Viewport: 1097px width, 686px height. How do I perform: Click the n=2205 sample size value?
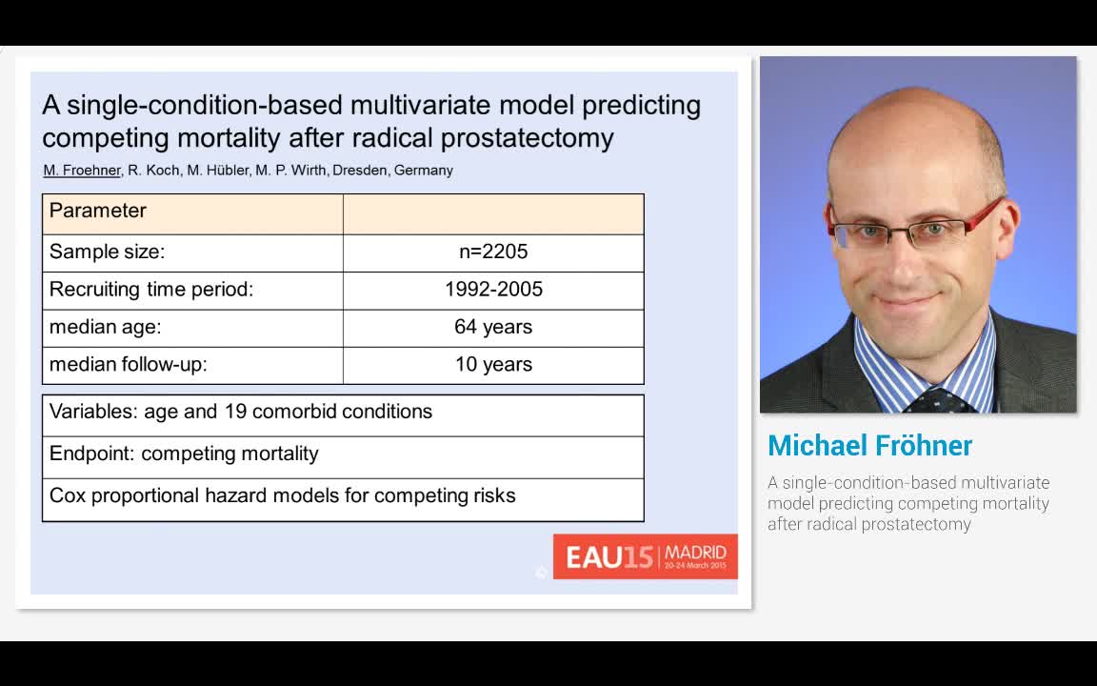pyautogui.click(x=493, y=252)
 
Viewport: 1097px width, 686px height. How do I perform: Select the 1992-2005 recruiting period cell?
pyautogui.click(x=493, y=289)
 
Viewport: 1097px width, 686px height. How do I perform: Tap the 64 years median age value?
pyautogui.click(x=493, y=327)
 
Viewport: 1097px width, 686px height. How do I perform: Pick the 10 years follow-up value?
pyautogui.click(x=493, y=365)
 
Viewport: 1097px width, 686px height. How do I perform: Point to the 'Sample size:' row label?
pyautogui.click(x=107, y=252)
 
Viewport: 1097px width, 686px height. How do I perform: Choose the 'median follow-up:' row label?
pyautogui.click(x=128, y=365)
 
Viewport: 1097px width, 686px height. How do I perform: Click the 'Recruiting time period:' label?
pyautogui.click(x=151, y=290)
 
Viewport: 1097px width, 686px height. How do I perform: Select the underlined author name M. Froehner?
pyautogui.click(x=82, y=171)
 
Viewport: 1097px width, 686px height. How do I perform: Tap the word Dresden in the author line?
pyautogui.click(x=360, y=171)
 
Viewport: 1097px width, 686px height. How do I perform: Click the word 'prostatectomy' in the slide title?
pyautogui.click(x=527, y=138)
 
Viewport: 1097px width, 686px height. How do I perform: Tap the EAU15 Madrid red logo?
pyautogui.click(x=645, y=556)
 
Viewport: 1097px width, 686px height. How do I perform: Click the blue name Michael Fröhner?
pyautogui.click(x=869, y=446)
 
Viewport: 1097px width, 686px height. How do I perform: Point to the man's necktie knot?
pyautogui.click(x=937, y=400)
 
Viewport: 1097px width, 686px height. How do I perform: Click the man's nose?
pyautogui.click(x=905, y=259)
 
